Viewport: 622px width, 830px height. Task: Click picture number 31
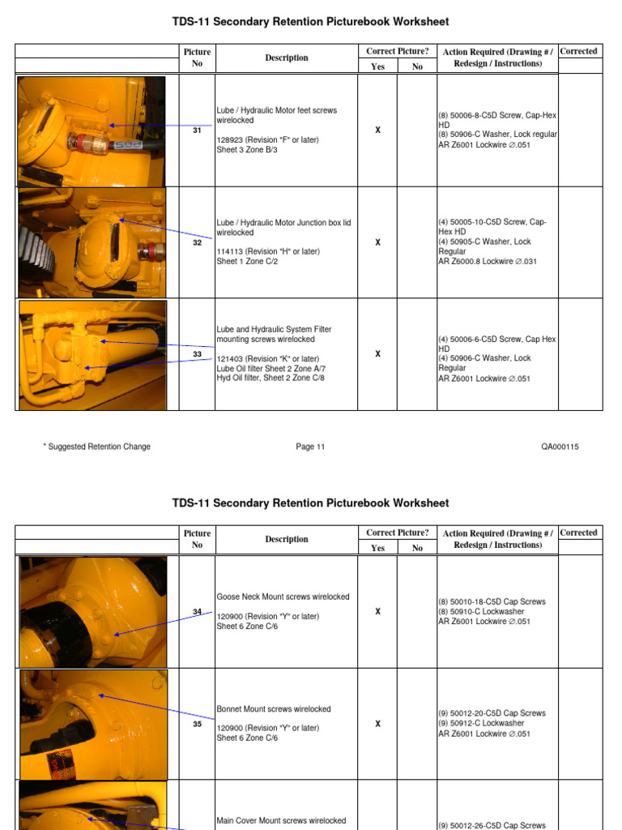[197, 130]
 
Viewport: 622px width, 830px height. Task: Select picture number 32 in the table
[197, 242]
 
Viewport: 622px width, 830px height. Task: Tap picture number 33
[197, 354]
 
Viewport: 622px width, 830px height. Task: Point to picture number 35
[197, 724]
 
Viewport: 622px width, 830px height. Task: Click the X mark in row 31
[377, 130]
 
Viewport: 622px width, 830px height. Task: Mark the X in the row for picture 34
[377, 612]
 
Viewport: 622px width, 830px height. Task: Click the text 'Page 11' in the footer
[310, 447]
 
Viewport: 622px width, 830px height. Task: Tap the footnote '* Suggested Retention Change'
[96, 447]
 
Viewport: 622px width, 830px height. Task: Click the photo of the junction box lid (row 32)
[92, 242]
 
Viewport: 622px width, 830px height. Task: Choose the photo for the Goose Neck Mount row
[92, 612]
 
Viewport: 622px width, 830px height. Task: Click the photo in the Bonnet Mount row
[92, 724]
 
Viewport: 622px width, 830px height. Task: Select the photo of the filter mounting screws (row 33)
[92, 355]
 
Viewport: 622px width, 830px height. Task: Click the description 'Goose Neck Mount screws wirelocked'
[283, 597]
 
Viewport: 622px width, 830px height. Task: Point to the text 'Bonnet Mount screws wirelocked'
[274, 708]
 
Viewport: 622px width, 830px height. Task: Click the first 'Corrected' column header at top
[579, 51]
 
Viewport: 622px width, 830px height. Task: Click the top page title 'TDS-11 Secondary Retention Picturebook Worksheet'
[310, 22]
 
